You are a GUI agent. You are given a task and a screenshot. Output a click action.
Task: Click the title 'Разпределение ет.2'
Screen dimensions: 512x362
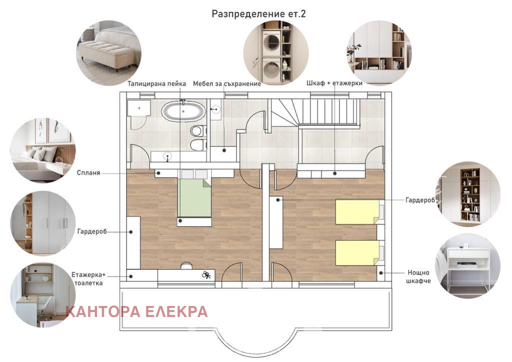pyautogui.click(x=258, y=14)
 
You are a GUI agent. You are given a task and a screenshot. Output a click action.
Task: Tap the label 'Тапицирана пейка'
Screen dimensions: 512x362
pyautogui.click(x=156, y=84)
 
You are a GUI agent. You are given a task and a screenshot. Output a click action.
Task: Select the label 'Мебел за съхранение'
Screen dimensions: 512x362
pyautogui.click(x=227, y=84)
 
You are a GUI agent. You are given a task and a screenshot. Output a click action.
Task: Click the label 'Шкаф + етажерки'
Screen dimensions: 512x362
pyautogui.click(x=334, y=83)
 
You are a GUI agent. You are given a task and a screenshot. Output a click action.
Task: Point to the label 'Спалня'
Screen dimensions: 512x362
pyautogui.click(x=88, y=173)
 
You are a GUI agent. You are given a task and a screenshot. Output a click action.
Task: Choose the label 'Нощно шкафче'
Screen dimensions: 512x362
pyautogui.click(x=418, y=276)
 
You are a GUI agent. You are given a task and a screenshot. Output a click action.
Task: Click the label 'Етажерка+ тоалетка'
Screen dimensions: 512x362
pyautogui.click(x=88, y=279)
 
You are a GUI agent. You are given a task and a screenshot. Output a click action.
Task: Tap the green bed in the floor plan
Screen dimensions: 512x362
pyautogui.click(x=194, y=198)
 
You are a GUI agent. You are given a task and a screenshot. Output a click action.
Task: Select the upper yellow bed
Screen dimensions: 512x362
pyautogui.click(x=357, y=212)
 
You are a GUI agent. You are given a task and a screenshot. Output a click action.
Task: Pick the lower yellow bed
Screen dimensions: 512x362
pyautogui.click(x=357, y=252)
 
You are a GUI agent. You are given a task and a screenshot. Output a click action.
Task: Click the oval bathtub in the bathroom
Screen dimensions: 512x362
pyautogui.click(x=183, y=111)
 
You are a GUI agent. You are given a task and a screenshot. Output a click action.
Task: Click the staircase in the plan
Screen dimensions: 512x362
pyautogui.click(x=315, y=112)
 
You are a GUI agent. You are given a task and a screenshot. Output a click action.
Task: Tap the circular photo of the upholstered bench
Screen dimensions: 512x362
pyautogui.click(x=109, y=53)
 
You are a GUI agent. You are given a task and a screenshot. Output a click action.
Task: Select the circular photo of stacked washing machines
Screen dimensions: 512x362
pyautogui.click(x=276, y=52)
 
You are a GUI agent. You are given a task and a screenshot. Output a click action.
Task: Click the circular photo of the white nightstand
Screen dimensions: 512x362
pyautogui.click(x=467, y=265)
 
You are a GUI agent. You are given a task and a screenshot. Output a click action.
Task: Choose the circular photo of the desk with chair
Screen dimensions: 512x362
pyautogui.click(x=43, y=295)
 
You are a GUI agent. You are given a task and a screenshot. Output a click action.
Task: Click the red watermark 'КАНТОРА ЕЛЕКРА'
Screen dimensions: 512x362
pyautogui.click(x=136, y=311)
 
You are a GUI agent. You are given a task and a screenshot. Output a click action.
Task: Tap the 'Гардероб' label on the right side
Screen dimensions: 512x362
pyautogui.click(x=420, y=200)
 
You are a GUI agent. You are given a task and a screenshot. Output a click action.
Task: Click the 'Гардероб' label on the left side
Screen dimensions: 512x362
pyautogui.click(x=92, y=231)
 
